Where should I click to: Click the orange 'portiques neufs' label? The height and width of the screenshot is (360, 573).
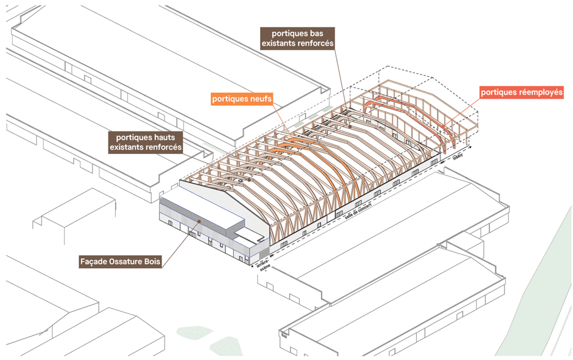click(x=242, y=99)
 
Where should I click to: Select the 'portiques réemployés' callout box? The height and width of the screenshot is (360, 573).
click(x=521, y=92)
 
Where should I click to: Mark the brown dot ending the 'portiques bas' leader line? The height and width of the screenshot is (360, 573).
click(x=350, y=127)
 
